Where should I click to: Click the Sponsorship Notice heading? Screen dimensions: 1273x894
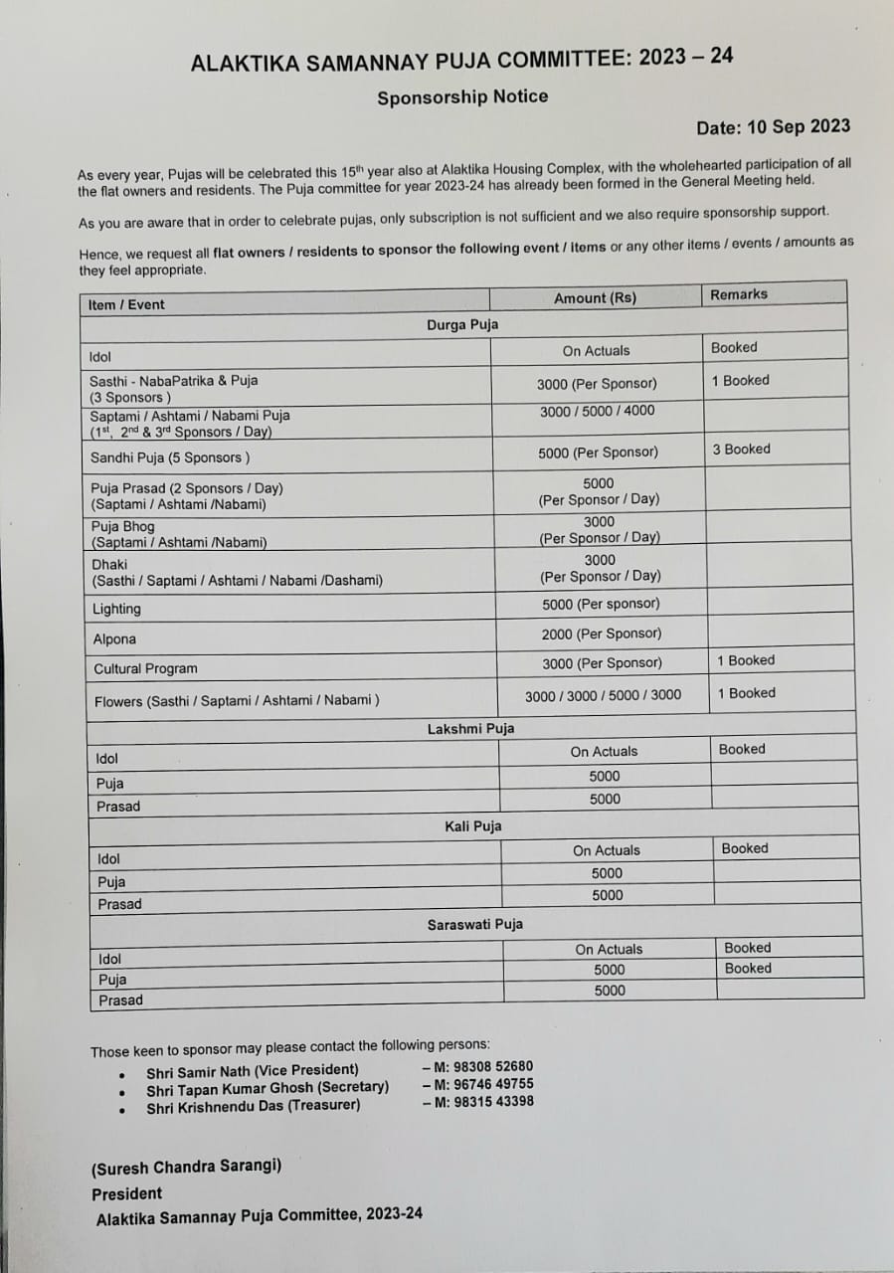pos(461,96)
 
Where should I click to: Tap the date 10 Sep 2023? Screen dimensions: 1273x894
pos(773,126)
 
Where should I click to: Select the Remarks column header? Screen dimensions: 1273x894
pos(738,294)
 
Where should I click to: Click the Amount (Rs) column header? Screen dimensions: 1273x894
pos(595,298)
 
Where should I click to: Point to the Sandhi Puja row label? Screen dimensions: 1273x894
pos(170,457)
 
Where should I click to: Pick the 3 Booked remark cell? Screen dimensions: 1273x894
pos(741,450)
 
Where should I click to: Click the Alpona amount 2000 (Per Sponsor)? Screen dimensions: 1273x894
pos(601,634)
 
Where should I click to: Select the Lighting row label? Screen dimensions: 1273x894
pos(116,609)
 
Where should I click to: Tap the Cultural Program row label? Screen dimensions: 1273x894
pos(145,668)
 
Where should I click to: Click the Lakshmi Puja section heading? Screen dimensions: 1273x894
pos(470,729)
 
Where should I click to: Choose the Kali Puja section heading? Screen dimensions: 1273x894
pos(472,826)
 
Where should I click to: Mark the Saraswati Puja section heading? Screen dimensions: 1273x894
pos(474,925)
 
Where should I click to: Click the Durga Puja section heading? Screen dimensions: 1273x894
pos(462,325)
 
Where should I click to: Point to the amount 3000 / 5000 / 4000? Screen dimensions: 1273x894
pos(597,410)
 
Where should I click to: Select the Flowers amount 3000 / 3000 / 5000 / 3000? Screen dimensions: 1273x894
pos(603,695)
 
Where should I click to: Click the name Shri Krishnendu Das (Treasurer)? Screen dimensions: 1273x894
pos(253,1105)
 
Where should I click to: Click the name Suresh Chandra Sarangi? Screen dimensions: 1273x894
pos(186,1166)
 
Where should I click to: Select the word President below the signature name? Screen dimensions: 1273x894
pos(126,1193)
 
